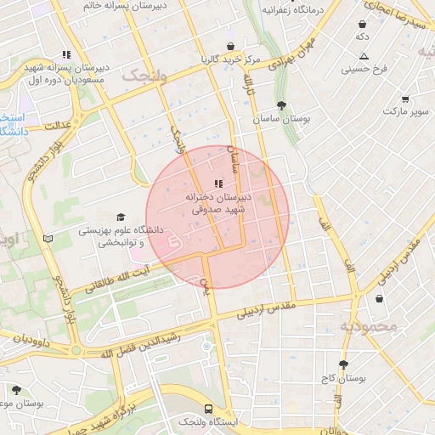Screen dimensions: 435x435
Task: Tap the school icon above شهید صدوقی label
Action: (x=218, y=183)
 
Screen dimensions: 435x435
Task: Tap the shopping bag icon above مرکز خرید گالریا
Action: (x=230, y=46)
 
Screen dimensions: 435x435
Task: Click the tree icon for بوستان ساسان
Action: (x=281, y=105)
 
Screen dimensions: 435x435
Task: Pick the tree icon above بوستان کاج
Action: (x=343, y=364)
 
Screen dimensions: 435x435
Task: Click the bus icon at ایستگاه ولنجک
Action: (x=186, y=407)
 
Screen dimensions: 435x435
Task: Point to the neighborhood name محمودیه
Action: (x=369, y=326)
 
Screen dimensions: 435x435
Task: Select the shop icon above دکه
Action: (x=363, y=24)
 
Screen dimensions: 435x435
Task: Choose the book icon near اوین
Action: (x=48, y=238)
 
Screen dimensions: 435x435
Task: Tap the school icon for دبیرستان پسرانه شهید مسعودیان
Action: (x=66, y=54)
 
